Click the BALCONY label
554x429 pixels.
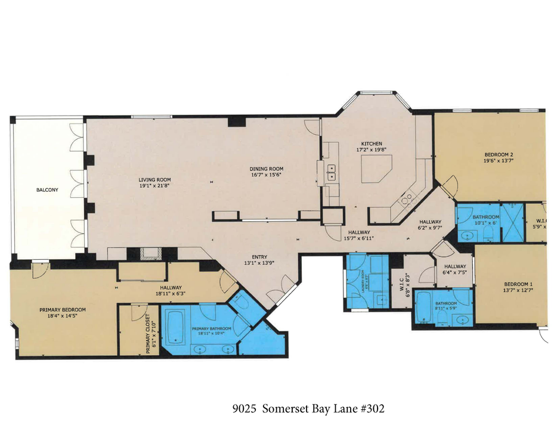tap(47, 190)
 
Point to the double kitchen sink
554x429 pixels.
tap(331, 173)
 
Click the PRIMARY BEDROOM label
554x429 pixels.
tap(63, 309)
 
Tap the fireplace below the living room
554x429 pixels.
tap(148, 254)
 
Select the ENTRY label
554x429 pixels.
tap(259, 256)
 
